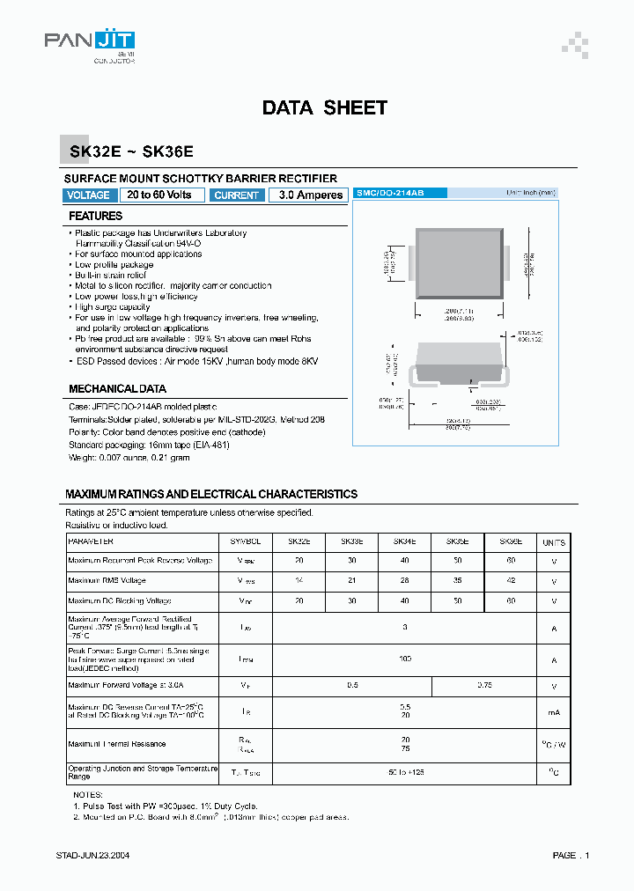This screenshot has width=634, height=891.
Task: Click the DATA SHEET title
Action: coord(324,108)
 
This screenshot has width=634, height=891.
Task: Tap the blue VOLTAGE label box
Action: coord(89,195)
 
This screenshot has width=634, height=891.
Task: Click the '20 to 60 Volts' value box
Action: coord(159,195)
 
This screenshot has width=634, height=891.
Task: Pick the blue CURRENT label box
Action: coord(236,195)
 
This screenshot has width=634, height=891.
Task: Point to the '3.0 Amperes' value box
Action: coord(306,195)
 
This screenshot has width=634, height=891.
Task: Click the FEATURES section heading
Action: coord(96,216)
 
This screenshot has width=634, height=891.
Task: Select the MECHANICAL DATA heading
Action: coord(117,388)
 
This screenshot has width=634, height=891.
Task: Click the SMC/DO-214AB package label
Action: coord(390,192)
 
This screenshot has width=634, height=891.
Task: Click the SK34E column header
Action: coord(404,541)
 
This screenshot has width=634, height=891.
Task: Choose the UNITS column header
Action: coord(554,542)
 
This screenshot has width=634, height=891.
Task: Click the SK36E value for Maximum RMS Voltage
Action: coord(510,581)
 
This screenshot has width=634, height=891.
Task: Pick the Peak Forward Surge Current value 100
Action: coord(404,659)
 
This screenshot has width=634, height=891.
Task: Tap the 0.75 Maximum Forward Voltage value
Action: coord(483,685)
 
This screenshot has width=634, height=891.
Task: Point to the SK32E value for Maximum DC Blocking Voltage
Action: coord(299,601)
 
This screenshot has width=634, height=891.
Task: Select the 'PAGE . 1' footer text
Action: coord(571,855)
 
